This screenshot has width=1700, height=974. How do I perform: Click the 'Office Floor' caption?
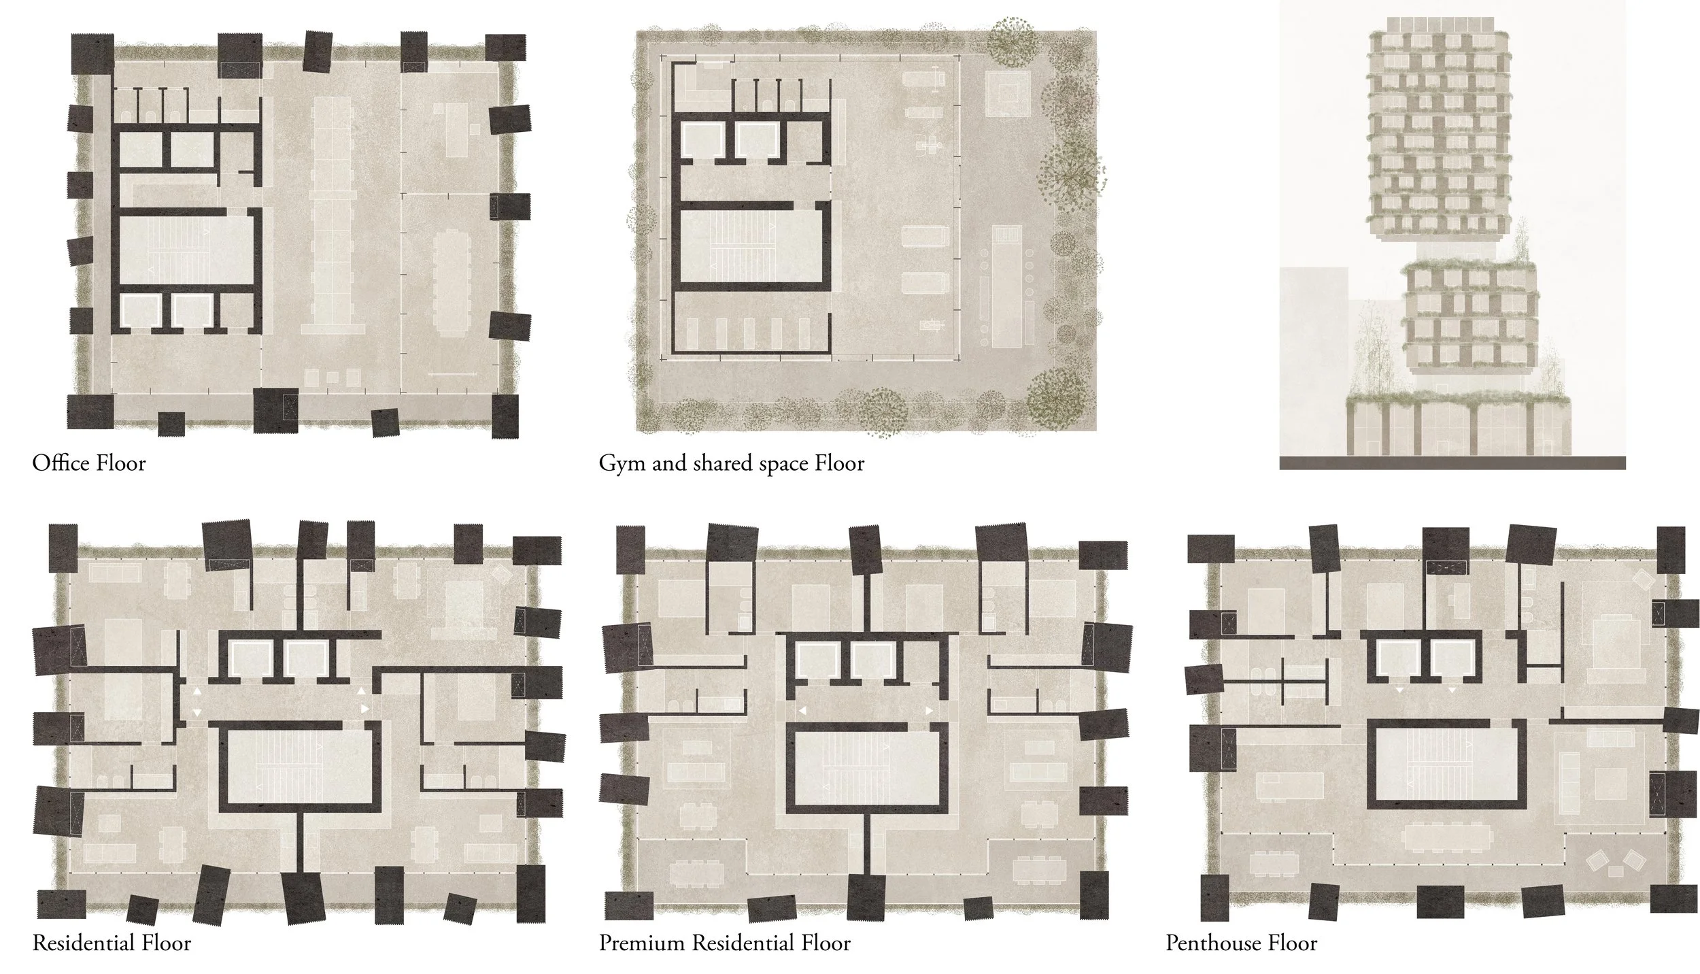[88, 464]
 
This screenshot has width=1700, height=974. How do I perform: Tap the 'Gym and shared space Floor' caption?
[731, 464]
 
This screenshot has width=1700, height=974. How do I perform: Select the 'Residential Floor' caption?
[112, 943]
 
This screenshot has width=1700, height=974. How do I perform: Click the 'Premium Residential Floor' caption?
[724, 943]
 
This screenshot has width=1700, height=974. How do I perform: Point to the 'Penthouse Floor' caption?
[1241, 943]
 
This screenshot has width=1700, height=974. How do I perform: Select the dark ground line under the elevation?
[1452, 463]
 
